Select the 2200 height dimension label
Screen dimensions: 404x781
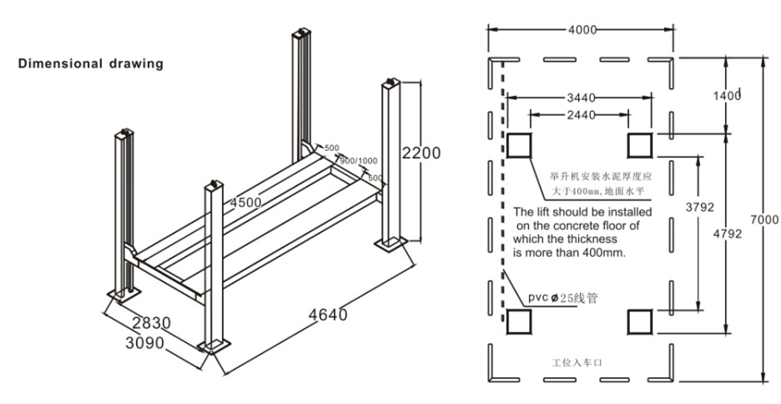(x=419, y=153)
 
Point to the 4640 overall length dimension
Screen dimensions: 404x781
(x=327, y=315)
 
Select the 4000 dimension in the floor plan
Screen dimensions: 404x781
(x=582, y=30)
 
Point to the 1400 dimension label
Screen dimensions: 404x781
(x=727, y=96)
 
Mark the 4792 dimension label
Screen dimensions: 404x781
(x=727, y=235)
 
